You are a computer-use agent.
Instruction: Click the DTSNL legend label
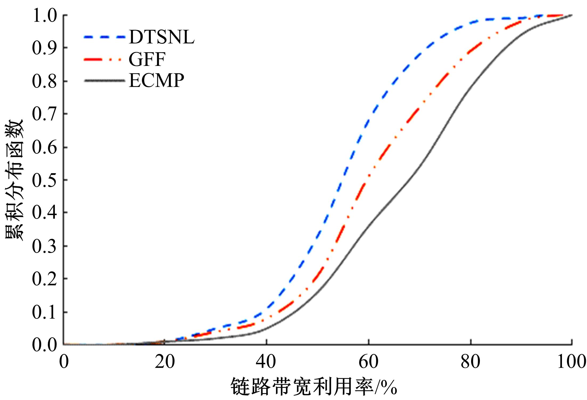[161, 37]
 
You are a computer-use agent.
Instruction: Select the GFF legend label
[147, 59]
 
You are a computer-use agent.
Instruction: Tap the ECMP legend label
[156, 80]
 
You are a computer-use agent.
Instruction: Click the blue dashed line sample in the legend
[104, 37]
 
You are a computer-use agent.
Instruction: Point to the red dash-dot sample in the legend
[104, 59]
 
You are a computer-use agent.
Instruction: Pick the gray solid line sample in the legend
[104, 80]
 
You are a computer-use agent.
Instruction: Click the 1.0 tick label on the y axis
[44, 15]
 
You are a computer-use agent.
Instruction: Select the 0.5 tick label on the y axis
[44, 180]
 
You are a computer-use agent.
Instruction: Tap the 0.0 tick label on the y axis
[44, 345]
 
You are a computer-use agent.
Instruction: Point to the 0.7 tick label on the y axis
[44, 114]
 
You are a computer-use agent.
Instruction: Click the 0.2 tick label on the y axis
[44, 279]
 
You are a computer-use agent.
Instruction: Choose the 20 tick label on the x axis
[165, 362]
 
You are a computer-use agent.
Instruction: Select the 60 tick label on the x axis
[369, 362]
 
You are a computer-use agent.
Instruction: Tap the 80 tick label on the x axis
[471, 362]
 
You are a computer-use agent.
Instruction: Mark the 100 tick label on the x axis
[572, 362]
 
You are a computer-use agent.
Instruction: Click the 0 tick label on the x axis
[64, 362]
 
